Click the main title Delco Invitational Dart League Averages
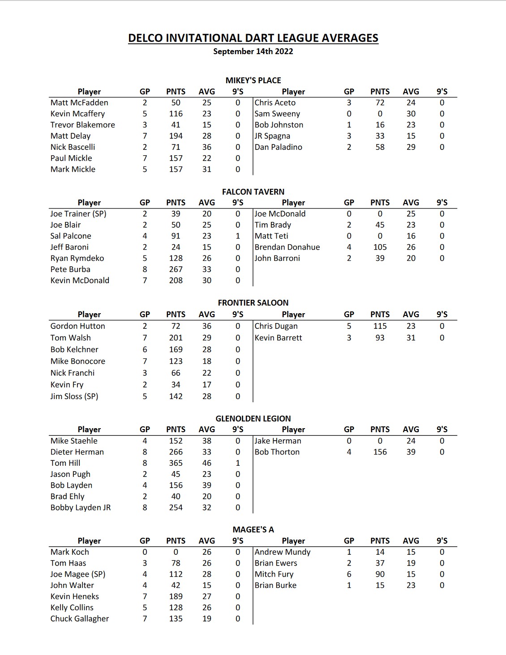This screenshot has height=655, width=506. click(253, 38)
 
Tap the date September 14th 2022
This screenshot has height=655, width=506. click(253, 51)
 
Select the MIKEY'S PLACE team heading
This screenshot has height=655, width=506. click(253, 81)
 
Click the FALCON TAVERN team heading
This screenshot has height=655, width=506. click(253, 191)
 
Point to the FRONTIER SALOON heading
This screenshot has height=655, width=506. click(253, 303)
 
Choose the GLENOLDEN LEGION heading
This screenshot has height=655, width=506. click(253, 419)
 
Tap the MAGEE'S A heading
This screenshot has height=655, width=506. click(253, 530)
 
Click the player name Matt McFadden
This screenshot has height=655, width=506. click(79, 103)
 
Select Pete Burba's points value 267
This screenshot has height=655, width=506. click(176, 269)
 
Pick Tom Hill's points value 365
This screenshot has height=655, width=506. click(176, 463)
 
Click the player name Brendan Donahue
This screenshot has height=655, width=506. click(287, 247)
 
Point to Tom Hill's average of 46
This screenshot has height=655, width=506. click(206, 463)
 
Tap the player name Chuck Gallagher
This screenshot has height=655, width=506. click(80, 619)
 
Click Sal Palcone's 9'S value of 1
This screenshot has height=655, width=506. click(238, 236)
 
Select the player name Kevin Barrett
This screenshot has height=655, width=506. click(278, 338)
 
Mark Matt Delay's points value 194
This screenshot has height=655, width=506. click(176, 136)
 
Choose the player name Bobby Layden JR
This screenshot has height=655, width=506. click(81, 507)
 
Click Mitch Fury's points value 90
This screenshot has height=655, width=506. click(380, 574)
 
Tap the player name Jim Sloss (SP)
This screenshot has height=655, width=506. click(74, 396)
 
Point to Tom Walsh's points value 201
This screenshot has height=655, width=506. click(176, 338)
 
